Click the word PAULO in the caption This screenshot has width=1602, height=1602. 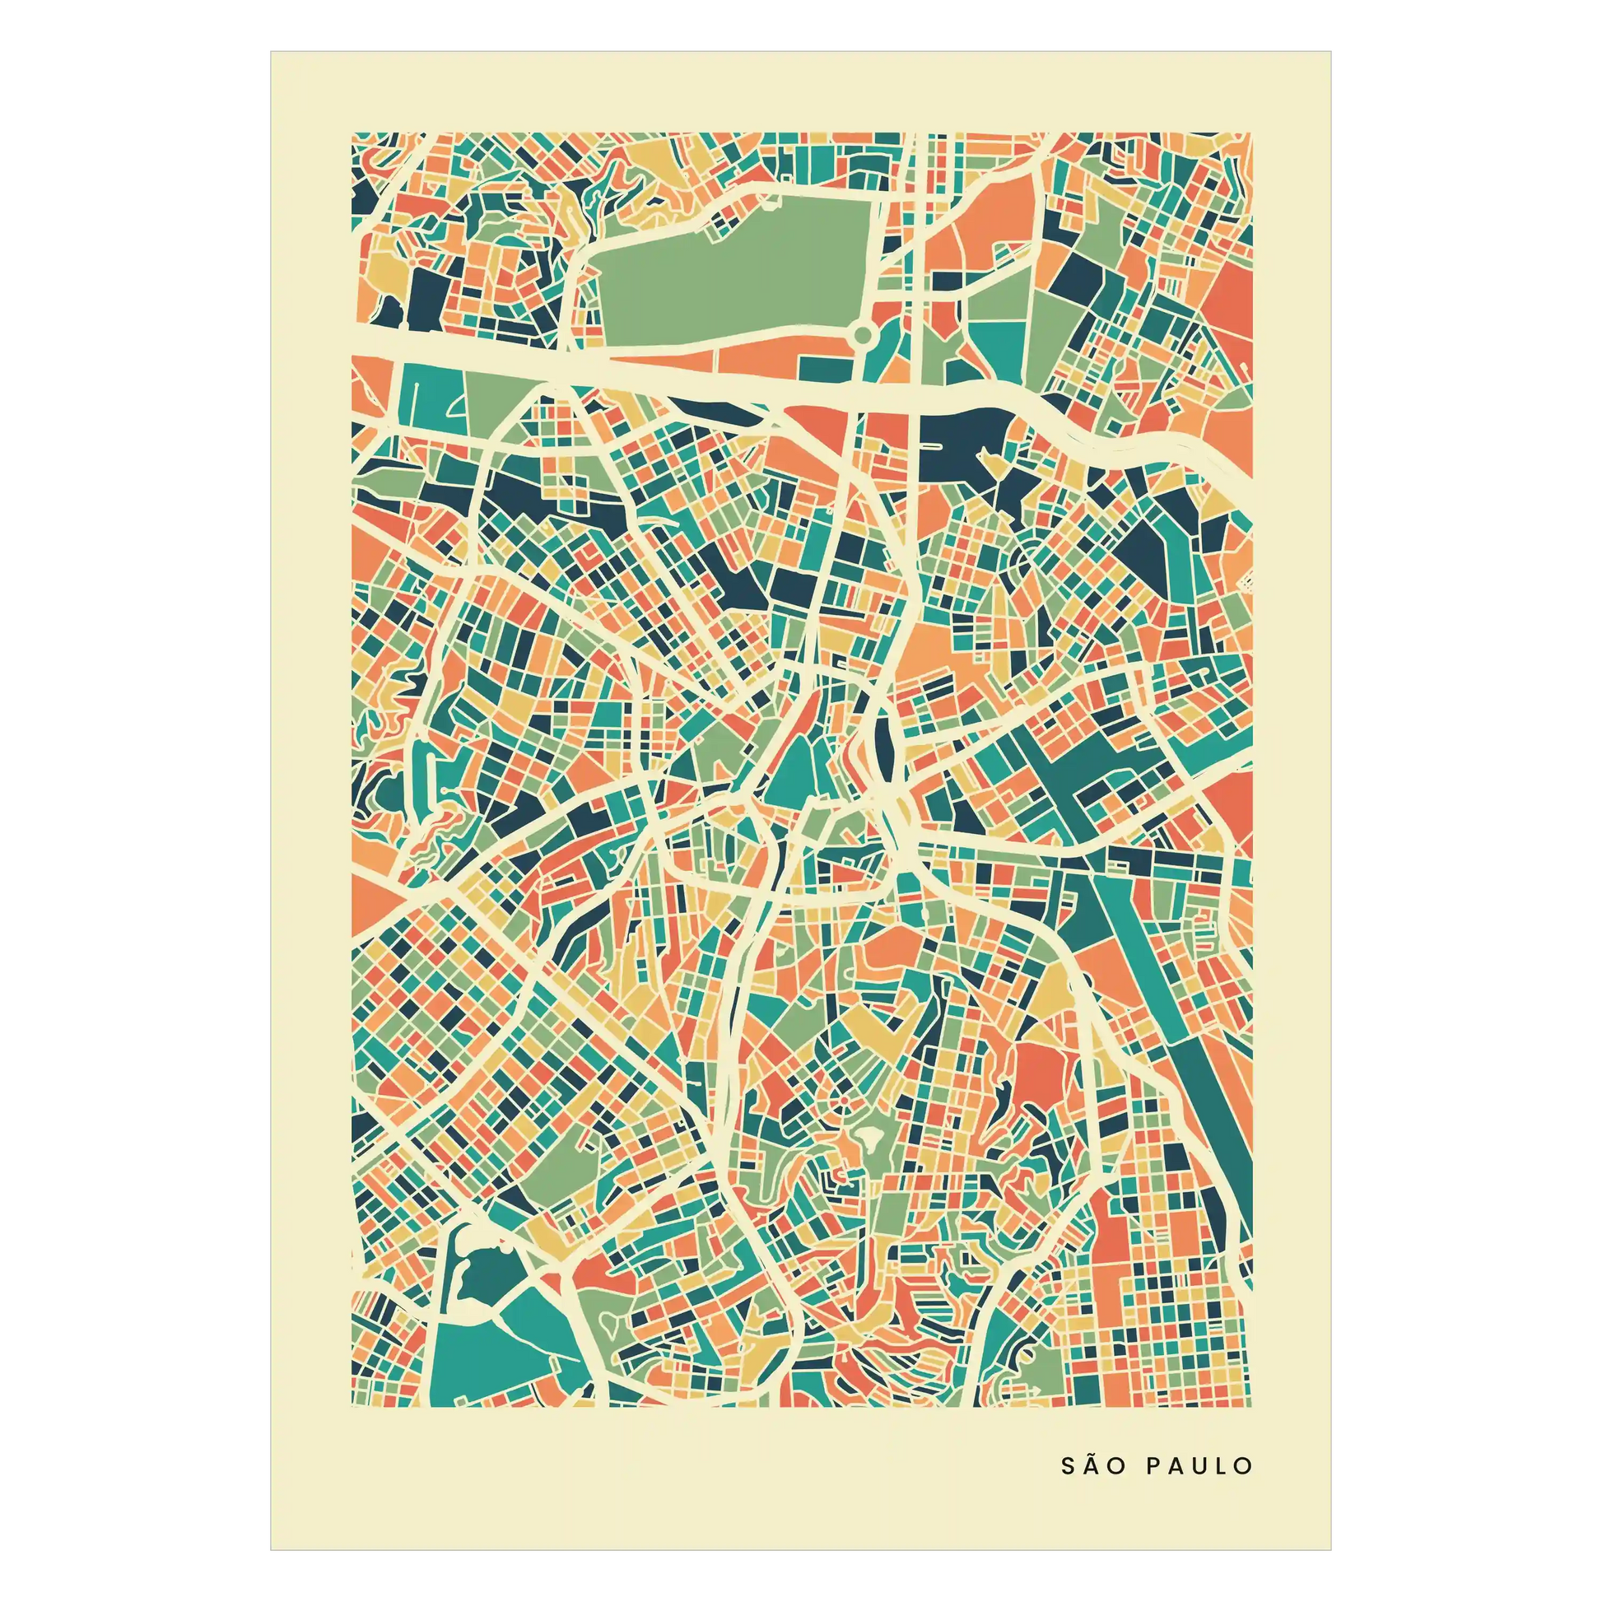click(1199, 1466)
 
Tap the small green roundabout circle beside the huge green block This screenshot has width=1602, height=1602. click(863, 336)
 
